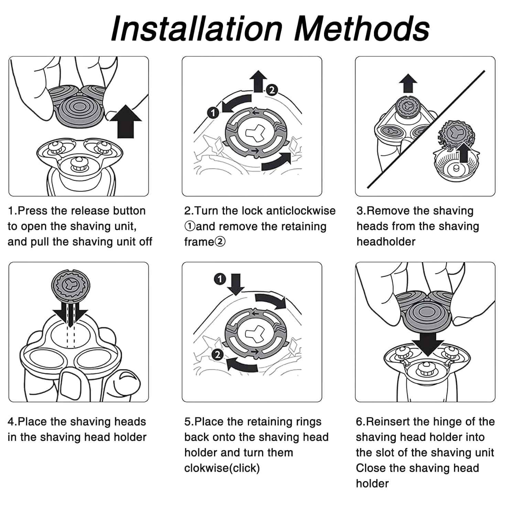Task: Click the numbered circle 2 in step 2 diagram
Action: (x=272, y=90)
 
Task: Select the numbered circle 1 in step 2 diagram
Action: (x=213, y=112)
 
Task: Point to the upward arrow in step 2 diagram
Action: (x=258, y=81)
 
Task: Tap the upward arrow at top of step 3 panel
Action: (x=408, y=83)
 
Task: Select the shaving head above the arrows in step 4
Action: (x=71, y=284)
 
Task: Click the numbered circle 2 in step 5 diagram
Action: (x=217, y=354)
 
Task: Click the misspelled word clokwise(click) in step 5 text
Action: (x=222, y=468)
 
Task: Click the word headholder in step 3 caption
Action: (x=386, y=242)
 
